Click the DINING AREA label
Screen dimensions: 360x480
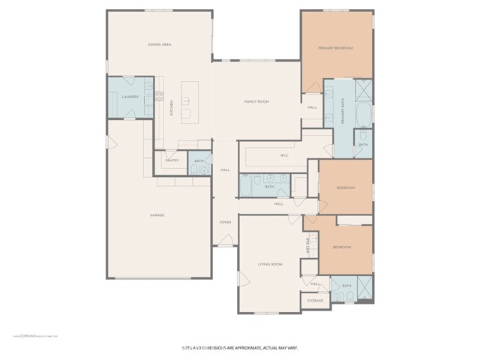(x=160, y=45)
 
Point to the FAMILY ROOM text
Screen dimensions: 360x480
(x=256, y=101)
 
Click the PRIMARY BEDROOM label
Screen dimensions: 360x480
(x=335, y=48)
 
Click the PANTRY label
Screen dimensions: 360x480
(x=172, y=160)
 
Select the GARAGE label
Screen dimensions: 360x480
(x=157, y=215)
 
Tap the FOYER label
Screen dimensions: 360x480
(x=224, y=223)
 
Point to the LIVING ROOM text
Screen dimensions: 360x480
(x=269, y=264)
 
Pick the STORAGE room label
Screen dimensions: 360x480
(x=315, y=301)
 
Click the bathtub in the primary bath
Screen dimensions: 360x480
(x=363, y=115)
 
